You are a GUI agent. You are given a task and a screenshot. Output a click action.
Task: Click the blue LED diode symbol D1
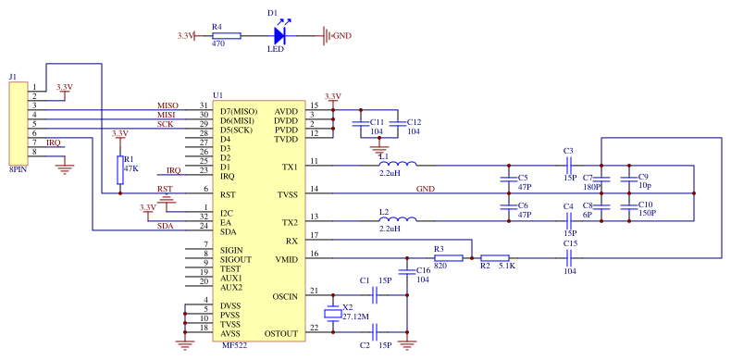(280, 36)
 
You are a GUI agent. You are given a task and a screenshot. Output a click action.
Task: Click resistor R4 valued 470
(226, 36)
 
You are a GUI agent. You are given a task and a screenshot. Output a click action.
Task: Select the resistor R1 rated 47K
(118, 169)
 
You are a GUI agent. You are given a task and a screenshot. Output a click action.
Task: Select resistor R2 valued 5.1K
(495, 259)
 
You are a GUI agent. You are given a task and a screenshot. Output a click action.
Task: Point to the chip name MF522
(235, 345)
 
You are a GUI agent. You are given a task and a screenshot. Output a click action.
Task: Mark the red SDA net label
(165, 227)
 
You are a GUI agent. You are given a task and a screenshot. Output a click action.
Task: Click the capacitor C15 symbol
(569, 259)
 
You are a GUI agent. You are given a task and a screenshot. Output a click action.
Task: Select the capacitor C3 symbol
(569, 167)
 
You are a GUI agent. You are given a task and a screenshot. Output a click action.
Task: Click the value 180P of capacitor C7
(591, 186)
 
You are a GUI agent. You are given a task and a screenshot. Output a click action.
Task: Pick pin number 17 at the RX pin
(315, 236)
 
